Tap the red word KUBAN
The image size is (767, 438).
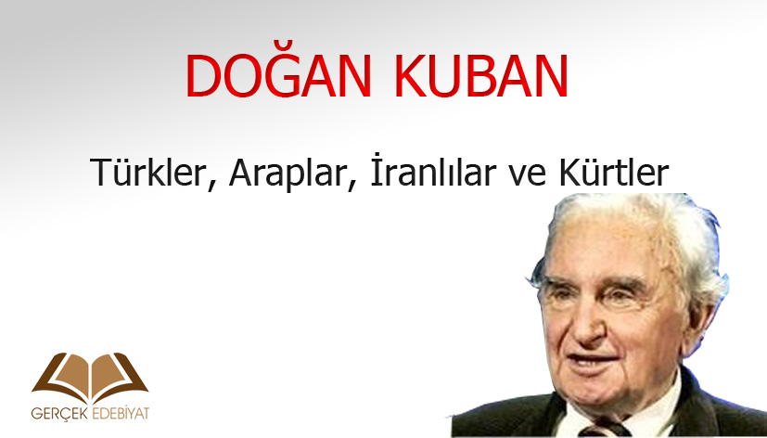click(481, 76)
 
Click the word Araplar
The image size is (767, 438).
click(288, 174)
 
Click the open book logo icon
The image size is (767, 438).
click(90, 378)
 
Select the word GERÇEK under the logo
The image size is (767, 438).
click(59, 414)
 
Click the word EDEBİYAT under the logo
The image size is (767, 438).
click(120, 414)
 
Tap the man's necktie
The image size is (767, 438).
click(604, 430)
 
